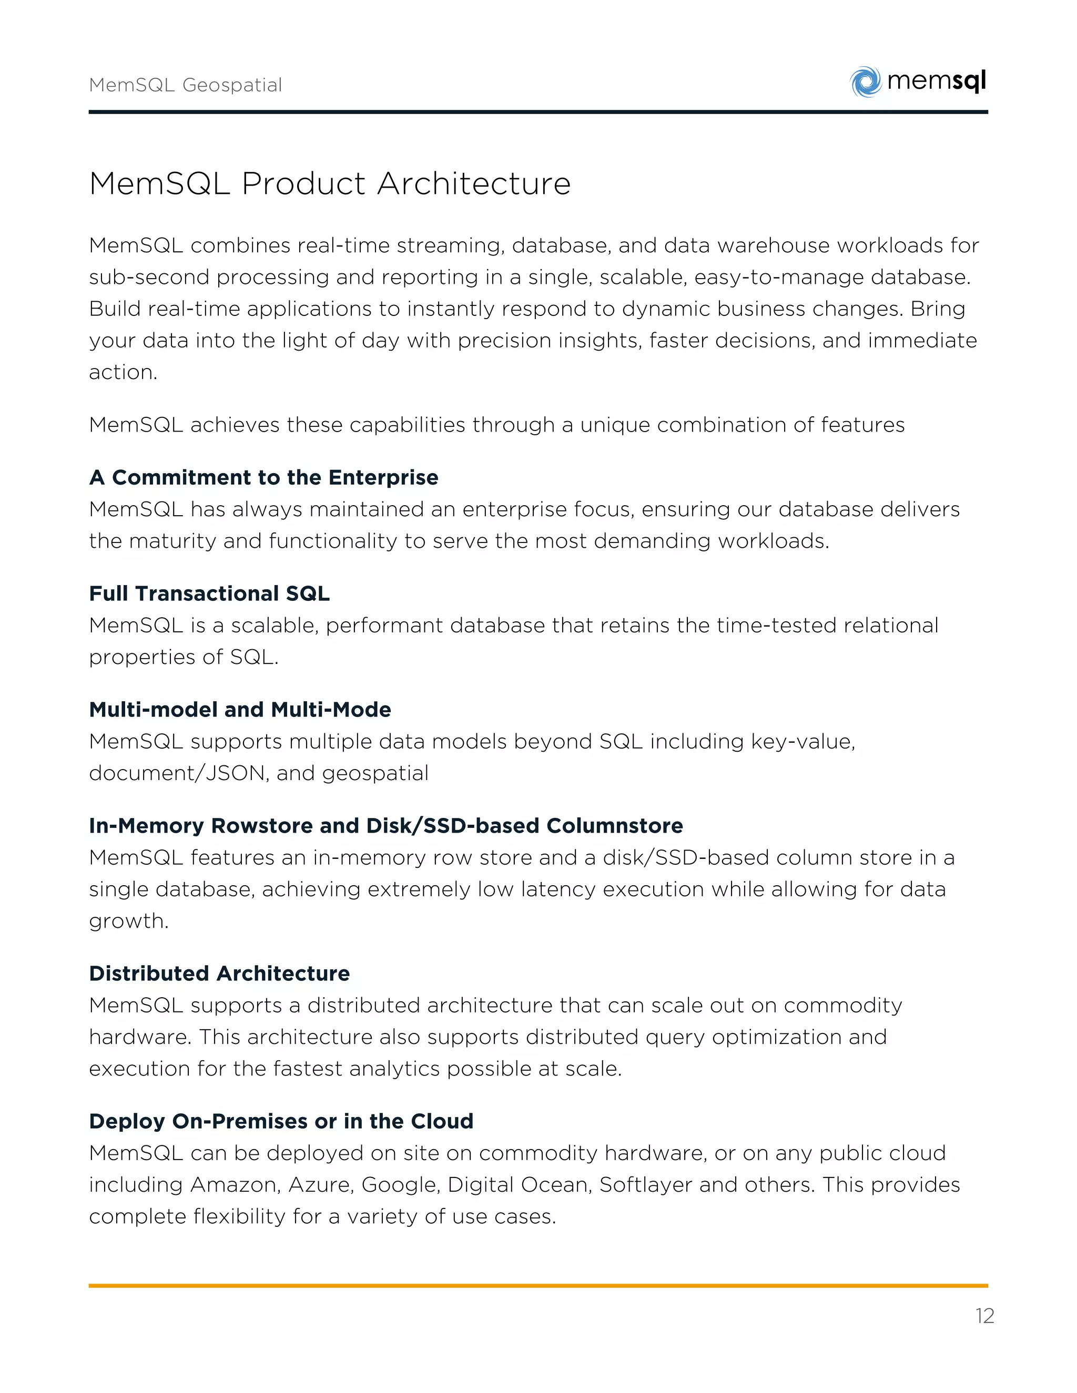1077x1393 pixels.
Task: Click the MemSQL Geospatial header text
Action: point(185,85)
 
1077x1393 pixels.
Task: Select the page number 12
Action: point(984,1316)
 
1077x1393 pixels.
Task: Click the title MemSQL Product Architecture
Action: point(330,183)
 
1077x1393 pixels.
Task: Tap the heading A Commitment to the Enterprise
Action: point(263,477)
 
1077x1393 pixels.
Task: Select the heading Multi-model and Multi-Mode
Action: point(240,709)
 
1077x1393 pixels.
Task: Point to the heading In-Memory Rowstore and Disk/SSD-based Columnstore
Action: point(386,825)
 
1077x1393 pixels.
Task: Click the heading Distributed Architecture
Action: point(219,974)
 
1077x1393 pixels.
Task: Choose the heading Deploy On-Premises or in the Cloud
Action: point(281,1121)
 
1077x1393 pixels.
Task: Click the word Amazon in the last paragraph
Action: point(236,1184)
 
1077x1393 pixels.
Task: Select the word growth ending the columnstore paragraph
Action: point(128,921)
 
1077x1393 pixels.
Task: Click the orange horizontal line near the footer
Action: point(538,1286)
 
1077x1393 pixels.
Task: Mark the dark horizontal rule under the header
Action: point(538,112)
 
